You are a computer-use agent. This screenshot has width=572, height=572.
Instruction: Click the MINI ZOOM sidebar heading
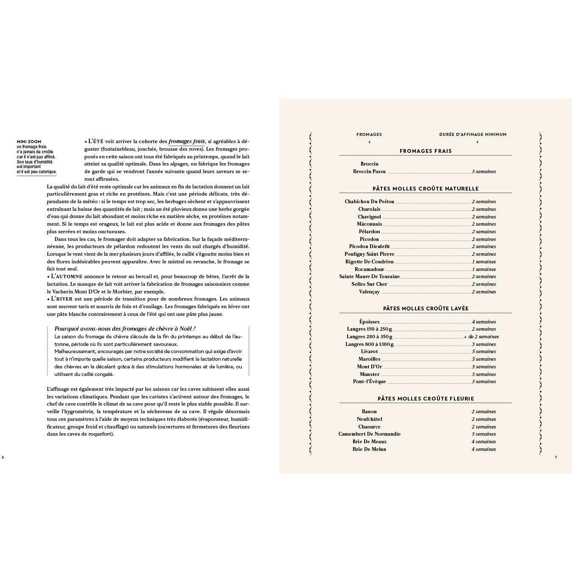(29, 142)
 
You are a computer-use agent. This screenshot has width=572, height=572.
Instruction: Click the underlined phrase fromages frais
(187, 141)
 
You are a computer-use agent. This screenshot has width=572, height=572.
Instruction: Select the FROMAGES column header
(369, 135)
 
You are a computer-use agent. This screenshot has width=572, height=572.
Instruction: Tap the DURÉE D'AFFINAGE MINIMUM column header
(473, 135)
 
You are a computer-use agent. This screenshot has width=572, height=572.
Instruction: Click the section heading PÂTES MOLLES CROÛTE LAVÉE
(426, 309)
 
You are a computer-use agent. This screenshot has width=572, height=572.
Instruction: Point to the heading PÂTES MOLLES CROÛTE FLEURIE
(426, 399)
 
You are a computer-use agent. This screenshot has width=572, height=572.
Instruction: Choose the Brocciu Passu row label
(369, 171)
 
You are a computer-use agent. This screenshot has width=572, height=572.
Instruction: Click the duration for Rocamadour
(484, 269)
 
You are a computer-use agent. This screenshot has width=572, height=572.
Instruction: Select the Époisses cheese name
(369, 322)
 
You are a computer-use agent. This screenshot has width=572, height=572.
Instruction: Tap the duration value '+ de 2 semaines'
(481, 337)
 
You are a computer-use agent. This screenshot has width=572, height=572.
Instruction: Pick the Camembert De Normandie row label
(369, 434)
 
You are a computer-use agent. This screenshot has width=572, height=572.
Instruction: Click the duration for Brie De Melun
(484, 449)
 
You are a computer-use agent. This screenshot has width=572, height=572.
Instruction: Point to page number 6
(3, 457)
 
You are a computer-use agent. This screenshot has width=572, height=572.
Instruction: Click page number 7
(556, 457)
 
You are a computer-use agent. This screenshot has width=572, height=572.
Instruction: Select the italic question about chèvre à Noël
(125, 329)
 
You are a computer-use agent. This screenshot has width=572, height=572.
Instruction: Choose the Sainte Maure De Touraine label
(369, 276)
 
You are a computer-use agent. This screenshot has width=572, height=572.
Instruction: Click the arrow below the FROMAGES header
(369, 142)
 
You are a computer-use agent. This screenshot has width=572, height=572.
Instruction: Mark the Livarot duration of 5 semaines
(484, 351)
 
